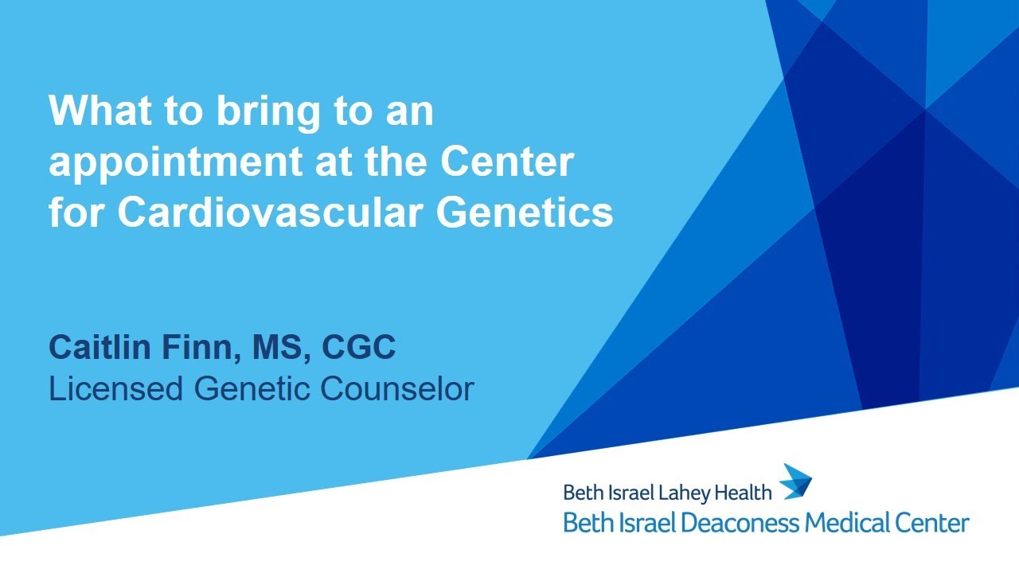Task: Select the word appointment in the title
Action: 169,163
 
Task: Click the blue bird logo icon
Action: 795,481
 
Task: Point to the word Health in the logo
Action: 744,493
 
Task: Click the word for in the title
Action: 77,213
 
